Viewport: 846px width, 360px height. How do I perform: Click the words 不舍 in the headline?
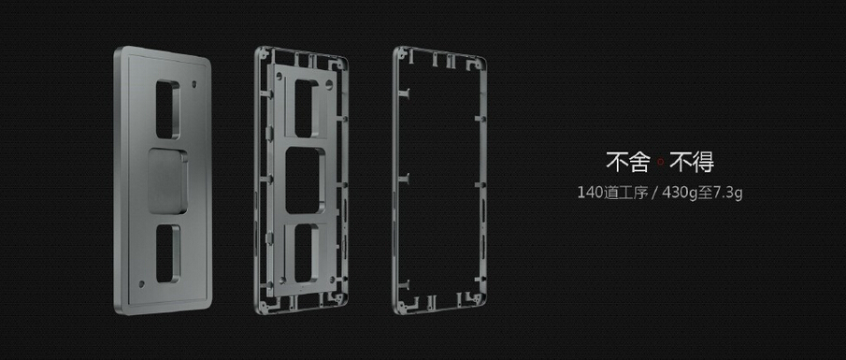[x=624, y=164]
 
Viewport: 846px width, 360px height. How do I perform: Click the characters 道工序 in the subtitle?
[x=629, y=194]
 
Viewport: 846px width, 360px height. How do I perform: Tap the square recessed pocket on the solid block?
[x=169, y=175]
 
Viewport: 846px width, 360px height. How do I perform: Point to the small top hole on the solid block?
[x=194, y=85]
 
